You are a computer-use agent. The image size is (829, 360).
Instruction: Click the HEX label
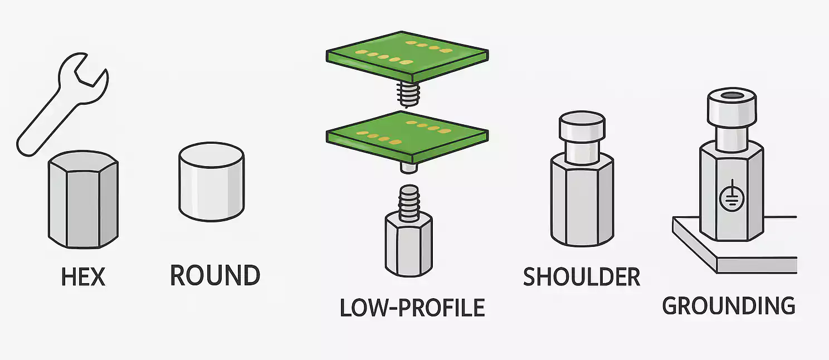pos(83,276)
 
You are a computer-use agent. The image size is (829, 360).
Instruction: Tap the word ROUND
pos(214,275)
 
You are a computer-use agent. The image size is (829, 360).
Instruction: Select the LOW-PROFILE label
pos(412,307)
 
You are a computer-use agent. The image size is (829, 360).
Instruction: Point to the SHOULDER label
pos(582,276)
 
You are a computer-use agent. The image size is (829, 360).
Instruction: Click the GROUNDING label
pos(729,305)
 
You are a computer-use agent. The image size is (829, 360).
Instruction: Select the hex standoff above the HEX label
pos(83,201)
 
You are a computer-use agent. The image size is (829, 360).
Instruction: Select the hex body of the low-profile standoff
pos(408,245)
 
